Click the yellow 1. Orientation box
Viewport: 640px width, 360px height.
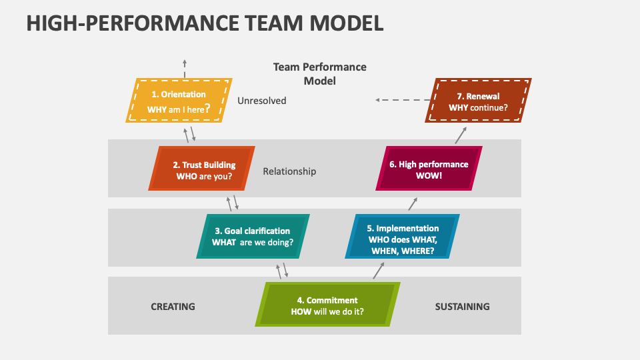click(x=179, y=101)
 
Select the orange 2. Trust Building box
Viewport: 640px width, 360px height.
click(x=202, y=168)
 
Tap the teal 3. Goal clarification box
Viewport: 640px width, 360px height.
click(x=253, y=236)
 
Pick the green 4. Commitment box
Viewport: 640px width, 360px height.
click(x=327, y=305)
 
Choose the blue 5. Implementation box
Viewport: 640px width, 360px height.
click(x=403, y=236)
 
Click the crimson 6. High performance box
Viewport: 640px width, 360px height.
click(x=429, y=169)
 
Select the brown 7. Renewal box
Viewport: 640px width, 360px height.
click(x=478, y=101)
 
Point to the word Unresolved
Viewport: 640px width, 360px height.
click(x=261, y=101)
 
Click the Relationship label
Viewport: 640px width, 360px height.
click(x=289, y=171)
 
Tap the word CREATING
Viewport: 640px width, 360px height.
click(x=173, y=307)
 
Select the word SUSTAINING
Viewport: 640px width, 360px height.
click(x=462, y=307)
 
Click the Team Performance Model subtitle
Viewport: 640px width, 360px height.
click(x=319, y=73)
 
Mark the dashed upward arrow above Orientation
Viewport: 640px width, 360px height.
click(x=185, y=67)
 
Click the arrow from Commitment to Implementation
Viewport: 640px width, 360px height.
click(x=379, y=269)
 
